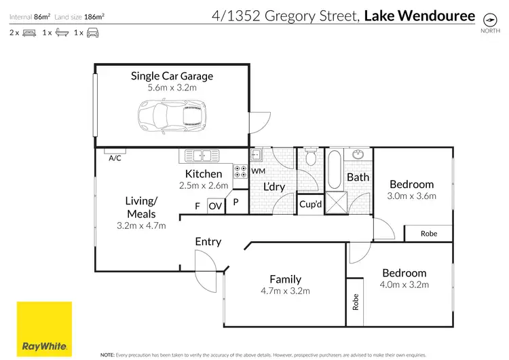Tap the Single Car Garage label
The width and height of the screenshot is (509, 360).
coord(172,76)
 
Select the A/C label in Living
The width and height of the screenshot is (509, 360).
coord(115,158)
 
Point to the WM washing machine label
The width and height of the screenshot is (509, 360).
coord(258,171)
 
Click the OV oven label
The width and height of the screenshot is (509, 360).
coord(215,206)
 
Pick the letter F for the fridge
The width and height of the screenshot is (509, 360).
coord(197,206)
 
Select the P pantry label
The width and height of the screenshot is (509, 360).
coord(236,202)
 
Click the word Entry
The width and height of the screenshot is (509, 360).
coord(208,241)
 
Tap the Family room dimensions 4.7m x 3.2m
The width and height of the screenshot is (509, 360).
coord(285,291)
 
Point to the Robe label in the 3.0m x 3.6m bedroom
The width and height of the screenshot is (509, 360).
coord(429,234)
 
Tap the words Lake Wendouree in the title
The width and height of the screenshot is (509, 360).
coord(419,14)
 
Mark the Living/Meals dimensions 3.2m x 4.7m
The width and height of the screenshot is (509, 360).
coord(141,226)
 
